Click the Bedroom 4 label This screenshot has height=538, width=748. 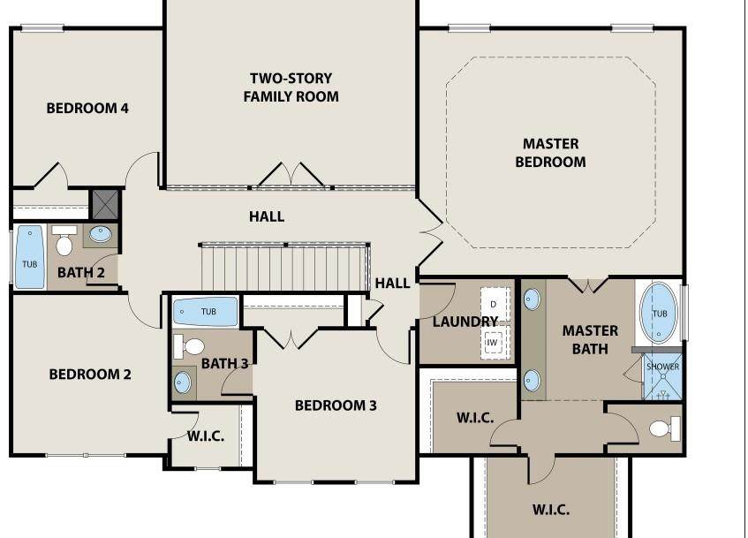pos(87,109)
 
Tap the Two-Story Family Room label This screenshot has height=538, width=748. pos(291,87)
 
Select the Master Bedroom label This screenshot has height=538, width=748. pos(550,153)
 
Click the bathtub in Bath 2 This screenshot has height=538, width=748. pos(29,257)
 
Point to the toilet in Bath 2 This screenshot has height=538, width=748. pos(64,240)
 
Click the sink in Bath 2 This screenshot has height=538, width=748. pos(100,234)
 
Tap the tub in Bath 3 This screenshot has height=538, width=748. pos(205,312)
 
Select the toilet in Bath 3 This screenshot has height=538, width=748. pos(189,346)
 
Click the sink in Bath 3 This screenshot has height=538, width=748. pos(183,383)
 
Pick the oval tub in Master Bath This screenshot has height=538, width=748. pos(658,313)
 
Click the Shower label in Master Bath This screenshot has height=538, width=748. pos(662,367)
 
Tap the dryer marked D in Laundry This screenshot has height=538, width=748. pos(494,304)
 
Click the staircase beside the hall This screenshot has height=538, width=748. pos(284,268)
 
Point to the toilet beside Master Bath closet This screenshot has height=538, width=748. pos(664,428)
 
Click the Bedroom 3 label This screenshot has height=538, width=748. pos(336,405)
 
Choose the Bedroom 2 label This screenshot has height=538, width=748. pos(90,375)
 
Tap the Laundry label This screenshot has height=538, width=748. pos(465,322)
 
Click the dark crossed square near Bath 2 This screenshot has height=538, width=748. pos(104,204)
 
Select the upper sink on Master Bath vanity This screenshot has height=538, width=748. pos(532,299)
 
